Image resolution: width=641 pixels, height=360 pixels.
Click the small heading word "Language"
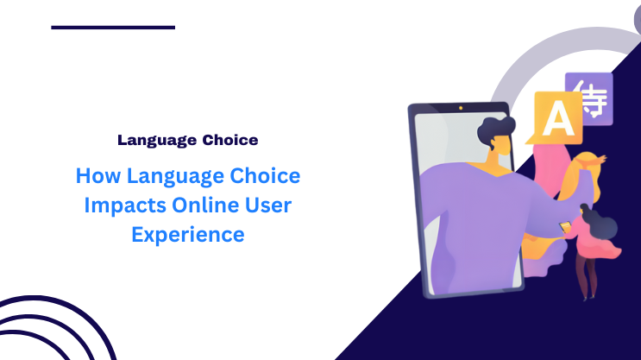[150, 139]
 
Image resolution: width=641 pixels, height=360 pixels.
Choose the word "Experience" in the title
[187, 234]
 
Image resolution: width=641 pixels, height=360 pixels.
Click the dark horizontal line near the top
[113, 28]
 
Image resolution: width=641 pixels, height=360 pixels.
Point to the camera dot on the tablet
[461, 108]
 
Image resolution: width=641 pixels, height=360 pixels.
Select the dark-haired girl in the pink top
[595, 233]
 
